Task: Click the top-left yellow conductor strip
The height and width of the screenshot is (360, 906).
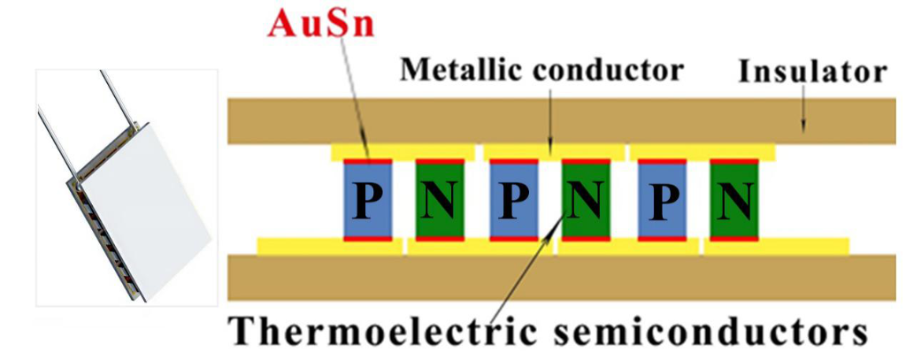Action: click(x=403, y=152)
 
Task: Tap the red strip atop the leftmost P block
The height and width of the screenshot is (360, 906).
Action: click(x=368, y=161)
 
